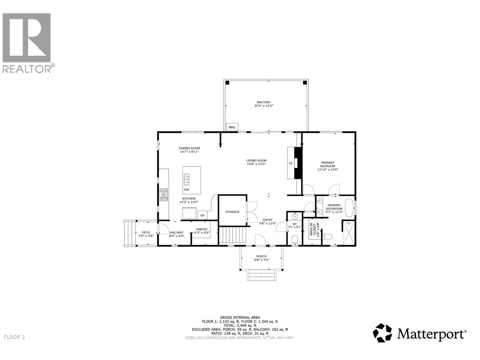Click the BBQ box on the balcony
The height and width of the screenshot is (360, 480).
[x=232, y=127]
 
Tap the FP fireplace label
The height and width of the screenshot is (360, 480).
[x=290, y=163]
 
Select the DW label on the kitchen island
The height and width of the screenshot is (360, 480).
[x=186, y=190]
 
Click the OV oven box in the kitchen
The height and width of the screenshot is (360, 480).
[x=202, y=215]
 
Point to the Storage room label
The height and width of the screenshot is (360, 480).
[x=232, y=212]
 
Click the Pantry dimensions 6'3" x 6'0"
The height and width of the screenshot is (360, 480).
[x=202, y=232]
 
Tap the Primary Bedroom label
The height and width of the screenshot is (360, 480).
[x=328, y=164]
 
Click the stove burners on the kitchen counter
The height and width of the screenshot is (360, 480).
[x=164, y=195]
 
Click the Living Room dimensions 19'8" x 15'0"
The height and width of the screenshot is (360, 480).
[x=256, y=164]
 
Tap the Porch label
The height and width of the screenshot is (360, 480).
[x=262, y=256]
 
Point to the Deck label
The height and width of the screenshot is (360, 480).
[x=146, y=232]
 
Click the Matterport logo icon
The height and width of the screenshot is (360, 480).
[x=382, y=333]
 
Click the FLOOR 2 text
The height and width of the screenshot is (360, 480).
[x=15, y=337]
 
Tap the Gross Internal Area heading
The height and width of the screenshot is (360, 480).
[x=240, y=317]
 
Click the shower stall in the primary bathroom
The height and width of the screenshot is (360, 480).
[x=349, y=233]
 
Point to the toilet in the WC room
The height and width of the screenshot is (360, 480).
[x=295, y=239]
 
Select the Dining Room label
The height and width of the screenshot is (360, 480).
[x=189, y=148]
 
